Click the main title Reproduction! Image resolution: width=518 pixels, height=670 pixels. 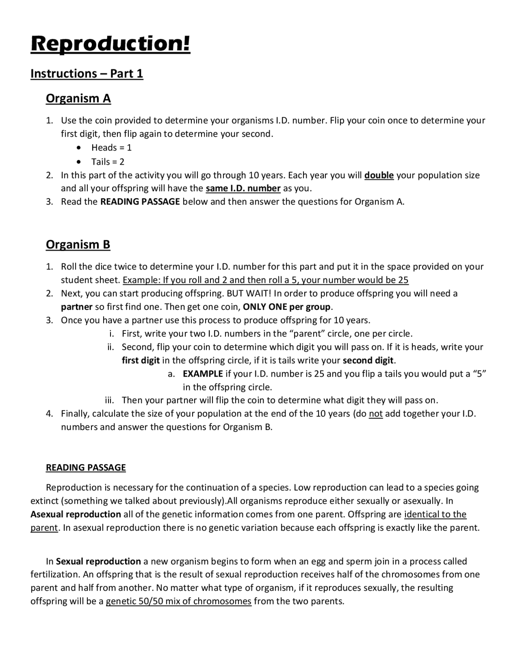tap(110, 43)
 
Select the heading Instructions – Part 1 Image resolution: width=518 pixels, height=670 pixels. tap(87, 74)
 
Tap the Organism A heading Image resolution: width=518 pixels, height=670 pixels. tap(78, 98)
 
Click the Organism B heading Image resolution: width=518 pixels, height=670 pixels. tap(78, 244)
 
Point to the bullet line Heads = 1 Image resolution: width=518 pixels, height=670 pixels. tap(111, 148)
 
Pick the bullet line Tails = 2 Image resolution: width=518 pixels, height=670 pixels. tap(108, 162)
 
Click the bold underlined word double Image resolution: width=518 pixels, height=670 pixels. tap(379, 175)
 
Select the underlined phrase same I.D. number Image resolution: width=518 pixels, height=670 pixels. tap(243, 189)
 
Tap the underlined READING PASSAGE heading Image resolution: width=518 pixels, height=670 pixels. tap(86, 468)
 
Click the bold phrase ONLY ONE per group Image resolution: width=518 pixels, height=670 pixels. tap(287, 307)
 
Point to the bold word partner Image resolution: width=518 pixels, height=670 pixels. tap(76, 307)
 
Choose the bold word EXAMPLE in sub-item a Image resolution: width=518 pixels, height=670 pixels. tap(202, 373)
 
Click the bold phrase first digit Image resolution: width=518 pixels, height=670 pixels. tap(140, 360)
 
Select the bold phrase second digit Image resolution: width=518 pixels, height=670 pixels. tap(368, 360)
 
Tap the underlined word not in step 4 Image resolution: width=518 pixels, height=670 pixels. tap(376, 414)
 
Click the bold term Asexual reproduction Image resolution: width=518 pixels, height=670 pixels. tap(76, 514)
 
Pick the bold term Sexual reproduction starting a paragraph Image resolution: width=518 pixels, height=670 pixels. tap(98, 561)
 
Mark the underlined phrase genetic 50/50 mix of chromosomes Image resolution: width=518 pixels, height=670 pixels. tap(178, 601)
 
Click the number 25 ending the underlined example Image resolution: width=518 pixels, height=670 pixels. tap(403, 280)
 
